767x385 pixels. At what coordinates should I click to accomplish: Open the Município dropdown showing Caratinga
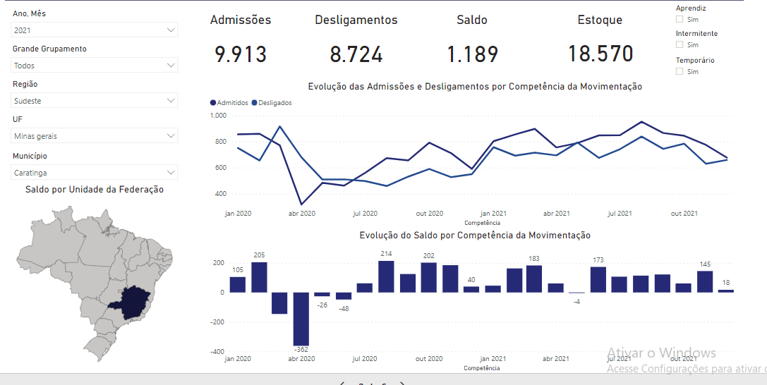coord(95,172)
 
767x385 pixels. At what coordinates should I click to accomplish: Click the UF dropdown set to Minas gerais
coord(95,135)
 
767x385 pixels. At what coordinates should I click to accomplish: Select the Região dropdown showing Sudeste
coord(95,101)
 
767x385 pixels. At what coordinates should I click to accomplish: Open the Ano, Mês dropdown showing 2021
coord(95,30)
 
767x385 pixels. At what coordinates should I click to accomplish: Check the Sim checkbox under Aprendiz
coord(680,19)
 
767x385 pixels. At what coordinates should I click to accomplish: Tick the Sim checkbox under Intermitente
coord(680,45)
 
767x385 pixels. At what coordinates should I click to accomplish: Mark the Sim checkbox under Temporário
coord(680,71)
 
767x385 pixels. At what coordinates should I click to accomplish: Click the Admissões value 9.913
coord(241,54)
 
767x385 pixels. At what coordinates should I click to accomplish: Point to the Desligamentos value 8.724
coord(356,54)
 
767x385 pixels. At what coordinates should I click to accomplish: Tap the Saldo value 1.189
coord(472,54)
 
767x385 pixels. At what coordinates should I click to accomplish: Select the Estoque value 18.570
coord(600,54)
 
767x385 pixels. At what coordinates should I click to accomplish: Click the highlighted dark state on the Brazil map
coord(132,302)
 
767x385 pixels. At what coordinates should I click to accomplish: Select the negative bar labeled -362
coord(302,319)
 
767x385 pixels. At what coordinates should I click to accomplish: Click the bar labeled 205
coord(259,277)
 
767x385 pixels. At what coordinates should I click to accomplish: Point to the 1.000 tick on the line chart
coord(218,115)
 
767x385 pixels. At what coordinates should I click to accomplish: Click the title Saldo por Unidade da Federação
coord(95,190)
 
